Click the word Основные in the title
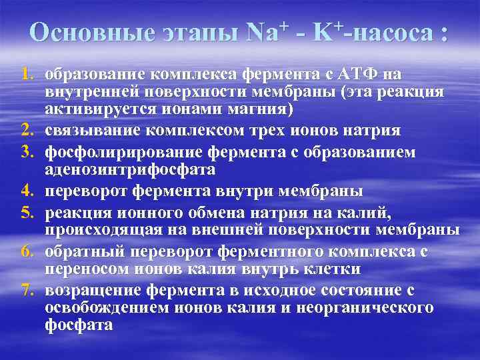(x=84, y=33)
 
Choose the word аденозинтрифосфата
(x=130, y=170)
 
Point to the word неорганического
(x=371, y=307)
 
